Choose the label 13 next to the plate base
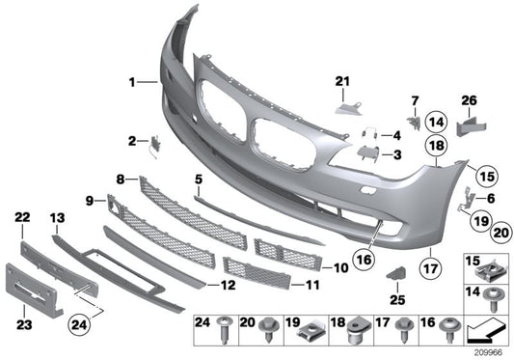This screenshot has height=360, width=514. coord(57,218)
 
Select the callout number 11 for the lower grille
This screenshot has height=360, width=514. coord(311,286)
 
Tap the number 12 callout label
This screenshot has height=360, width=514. coord(228,285)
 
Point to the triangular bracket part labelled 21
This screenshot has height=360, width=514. coord(343,101)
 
